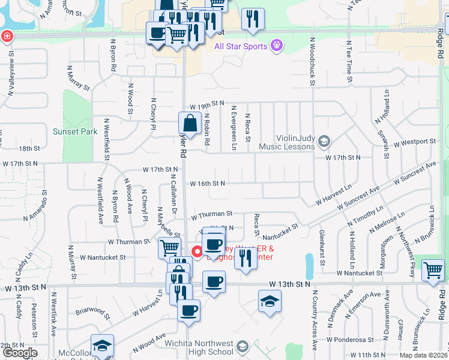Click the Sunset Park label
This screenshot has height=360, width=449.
coord(75,131)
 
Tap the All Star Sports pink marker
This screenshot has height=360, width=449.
coord(276,44)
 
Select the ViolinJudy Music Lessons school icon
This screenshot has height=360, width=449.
coord(324,142)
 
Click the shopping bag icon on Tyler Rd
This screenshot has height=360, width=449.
coord(190,124)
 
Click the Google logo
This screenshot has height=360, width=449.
coord(20,353)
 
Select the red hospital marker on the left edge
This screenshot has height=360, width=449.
coord(7,36)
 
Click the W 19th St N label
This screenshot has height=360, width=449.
coord(206,104)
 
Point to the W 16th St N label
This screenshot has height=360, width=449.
coord(206,184)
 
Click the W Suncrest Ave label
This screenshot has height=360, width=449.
coord(414,173)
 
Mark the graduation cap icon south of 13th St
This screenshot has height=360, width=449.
coord(270,302)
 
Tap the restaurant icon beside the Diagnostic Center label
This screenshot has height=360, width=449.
coord(245,259)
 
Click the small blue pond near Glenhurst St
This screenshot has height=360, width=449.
coord(309,262)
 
